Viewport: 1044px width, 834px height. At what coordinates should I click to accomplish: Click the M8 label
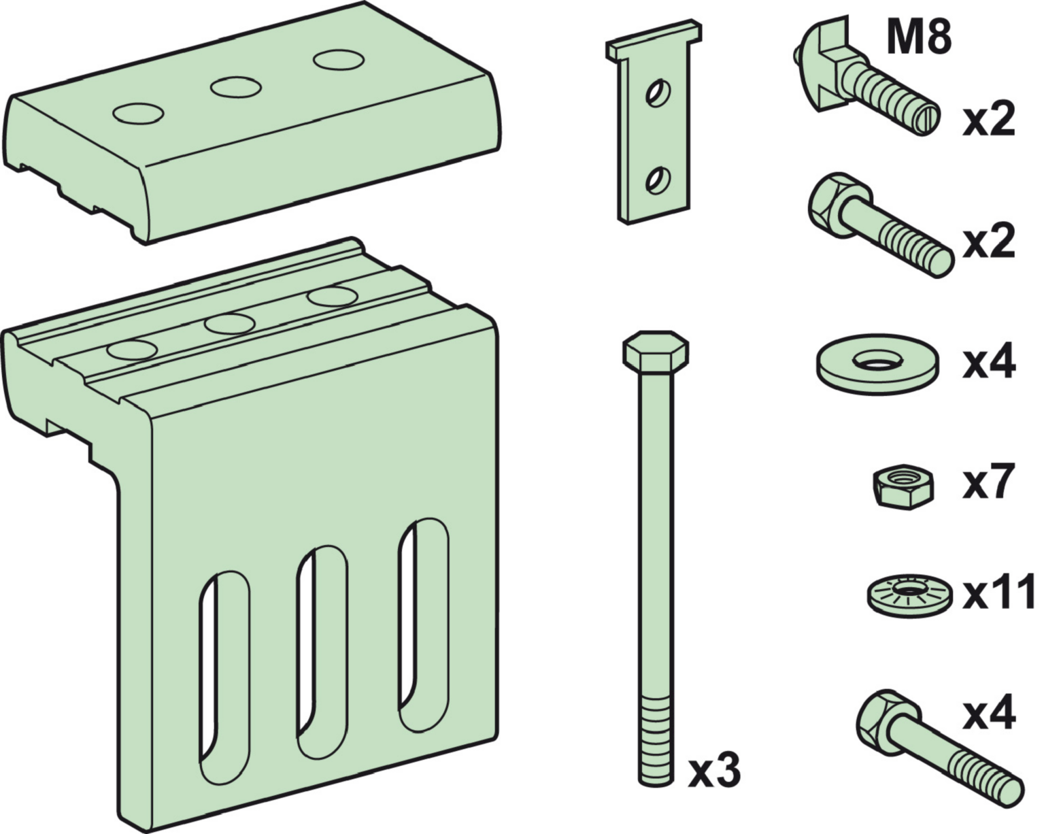point(919,37)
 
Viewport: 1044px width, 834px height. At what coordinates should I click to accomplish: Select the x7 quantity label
point(988,482)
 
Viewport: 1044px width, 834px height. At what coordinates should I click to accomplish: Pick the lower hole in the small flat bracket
point(658,180)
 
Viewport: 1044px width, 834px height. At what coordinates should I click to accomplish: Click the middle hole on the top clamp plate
point(235,88)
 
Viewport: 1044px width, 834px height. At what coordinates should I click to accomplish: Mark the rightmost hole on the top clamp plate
point(339,60)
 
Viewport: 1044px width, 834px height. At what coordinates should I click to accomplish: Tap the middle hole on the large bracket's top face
point(229,324)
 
